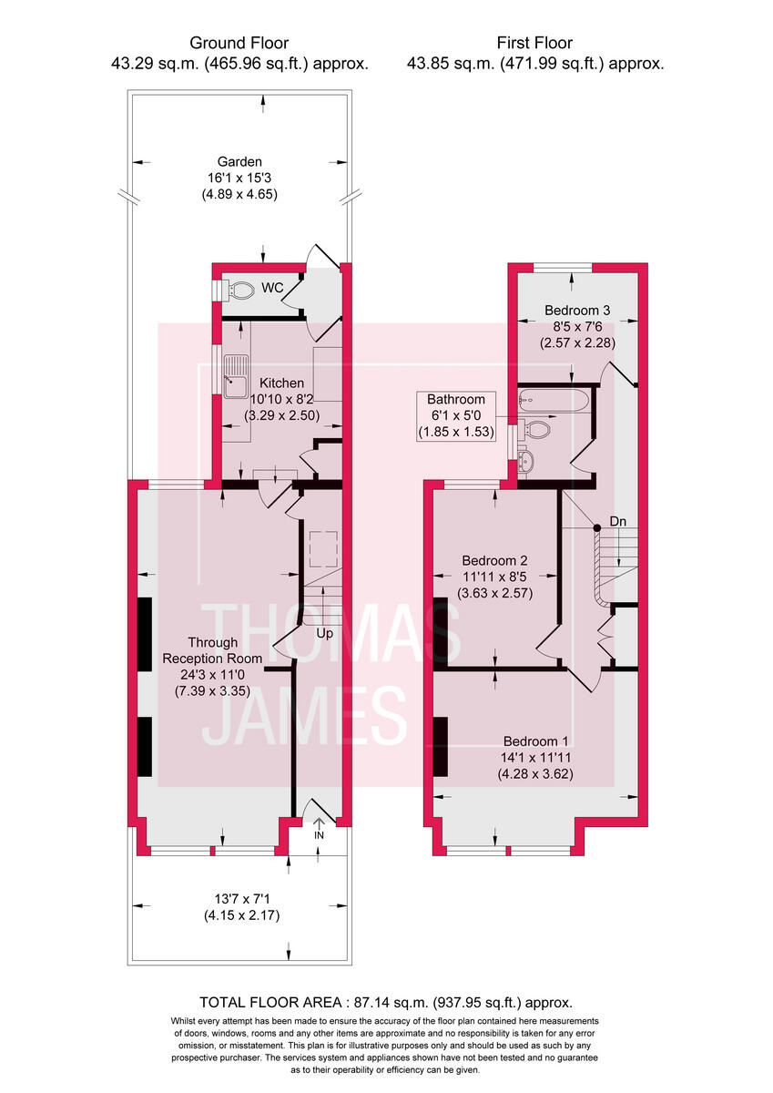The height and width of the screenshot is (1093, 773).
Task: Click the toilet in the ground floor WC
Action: point(239,291)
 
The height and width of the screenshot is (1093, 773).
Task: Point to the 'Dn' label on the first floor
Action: point(618,522)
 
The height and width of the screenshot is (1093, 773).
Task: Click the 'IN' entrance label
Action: point(319,835)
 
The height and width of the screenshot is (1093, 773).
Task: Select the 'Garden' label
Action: point(239,161)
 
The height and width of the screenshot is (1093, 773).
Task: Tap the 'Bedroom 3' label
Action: point(576,310)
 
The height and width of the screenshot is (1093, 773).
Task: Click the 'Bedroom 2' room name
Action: point(494,560)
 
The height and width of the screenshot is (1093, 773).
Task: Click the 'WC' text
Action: point(274,288)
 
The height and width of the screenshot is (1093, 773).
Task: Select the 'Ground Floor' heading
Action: point(239,43)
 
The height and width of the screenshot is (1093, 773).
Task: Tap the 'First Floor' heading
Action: point(534,43)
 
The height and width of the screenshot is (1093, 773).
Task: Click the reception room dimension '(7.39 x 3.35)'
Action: point(212,691)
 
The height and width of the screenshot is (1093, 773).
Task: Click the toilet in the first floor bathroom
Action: point(537,429)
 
